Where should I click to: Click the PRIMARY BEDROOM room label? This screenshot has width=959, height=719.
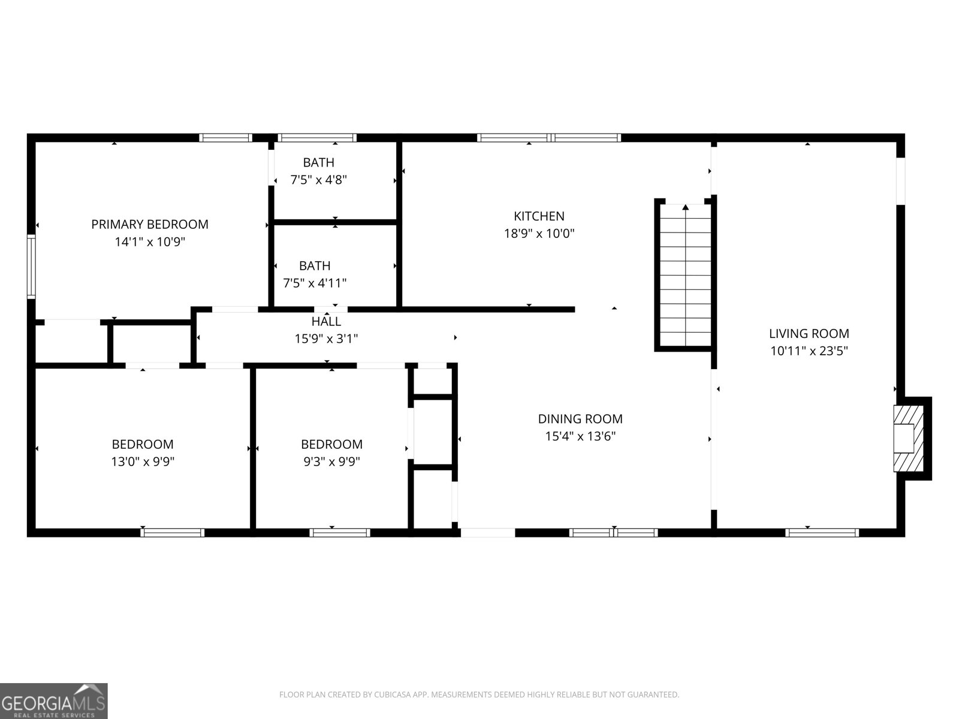coord(150,225)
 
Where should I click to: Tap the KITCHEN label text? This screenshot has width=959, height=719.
coord(539,216)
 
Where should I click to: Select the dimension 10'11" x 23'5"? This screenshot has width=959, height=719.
coord(809,351)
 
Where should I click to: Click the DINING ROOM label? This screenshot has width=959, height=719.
coord(580,419)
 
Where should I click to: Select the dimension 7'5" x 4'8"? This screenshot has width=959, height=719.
coord(319,180)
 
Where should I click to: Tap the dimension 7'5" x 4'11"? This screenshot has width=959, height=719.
coord(315,283)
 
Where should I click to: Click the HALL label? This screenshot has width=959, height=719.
coord(326,322)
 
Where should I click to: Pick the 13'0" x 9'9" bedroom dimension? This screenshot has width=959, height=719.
coord(143,461)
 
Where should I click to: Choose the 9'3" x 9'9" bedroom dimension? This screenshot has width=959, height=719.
coord(331,461)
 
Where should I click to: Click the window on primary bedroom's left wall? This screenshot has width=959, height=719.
coord(31,266)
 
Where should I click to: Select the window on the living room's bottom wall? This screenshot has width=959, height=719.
coord(822,532)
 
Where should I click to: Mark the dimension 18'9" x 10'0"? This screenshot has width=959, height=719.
coord(539,234)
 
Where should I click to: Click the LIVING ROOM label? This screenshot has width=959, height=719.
coord(809,334)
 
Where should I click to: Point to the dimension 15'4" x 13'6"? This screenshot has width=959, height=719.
coord(580,436)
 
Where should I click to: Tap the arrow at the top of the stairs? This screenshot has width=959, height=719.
coord(685,208)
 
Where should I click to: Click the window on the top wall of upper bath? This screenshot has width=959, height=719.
coord(318,138)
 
